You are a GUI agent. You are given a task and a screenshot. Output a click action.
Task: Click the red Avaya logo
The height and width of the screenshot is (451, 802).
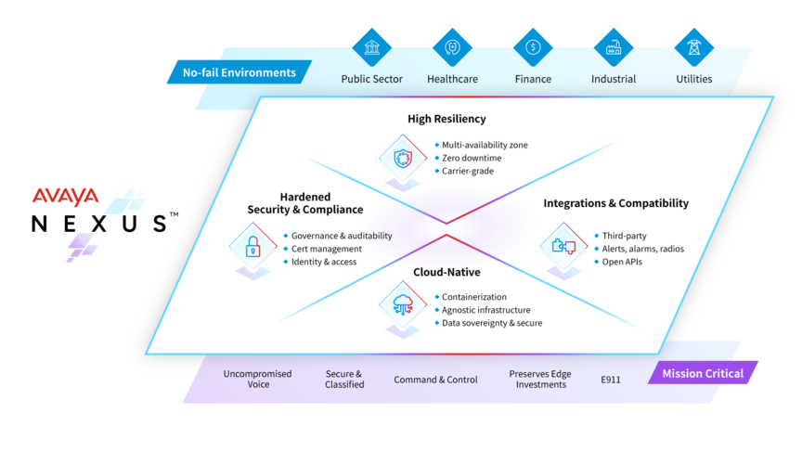click(x=65, y=196)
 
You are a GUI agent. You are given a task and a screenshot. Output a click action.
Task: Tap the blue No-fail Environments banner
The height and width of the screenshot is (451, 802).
click(x=239, y=72)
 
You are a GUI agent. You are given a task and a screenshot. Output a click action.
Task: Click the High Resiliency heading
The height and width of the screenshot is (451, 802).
click(x=446, y=119)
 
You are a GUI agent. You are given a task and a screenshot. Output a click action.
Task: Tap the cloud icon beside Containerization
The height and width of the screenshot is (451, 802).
click(x=402, y=303)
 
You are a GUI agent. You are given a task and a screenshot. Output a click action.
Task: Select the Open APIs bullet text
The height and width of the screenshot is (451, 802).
click(x=622, y=262)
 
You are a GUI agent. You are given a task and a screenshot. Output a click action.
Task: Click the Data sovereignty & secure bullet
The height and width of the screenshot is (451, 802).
click(x=492, y=323)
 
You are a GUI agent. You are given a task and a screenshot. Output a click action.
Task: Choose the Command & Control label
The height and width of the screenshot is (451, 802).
click(x=435, y=380)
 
